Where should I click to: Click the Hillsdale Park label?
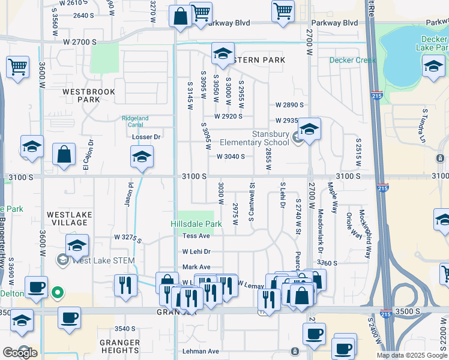point(196,224)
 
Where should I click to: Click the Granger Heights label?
point(120,346)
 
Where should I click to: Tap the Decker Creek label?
point(352,60)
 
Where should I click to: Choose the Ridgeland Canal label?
point(134,122)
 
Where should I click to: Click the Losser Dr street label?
point(146,137)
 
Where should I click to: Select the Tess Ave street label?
point(196,236)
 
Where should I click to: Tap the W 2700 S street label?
point(79,42)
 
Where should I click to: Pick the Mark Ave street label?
point(196,267)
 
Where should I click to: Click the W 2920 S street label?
point(228,116)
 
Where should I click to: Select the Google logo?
point(20,353)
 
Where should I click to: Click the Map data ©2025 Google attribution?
point(412,355)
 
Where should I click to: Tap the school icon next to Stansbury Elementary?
point(309,129)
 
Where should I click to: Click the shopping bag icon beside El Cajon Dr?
point(64,154)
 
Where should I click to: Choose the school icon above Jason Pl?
point(141,157)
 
